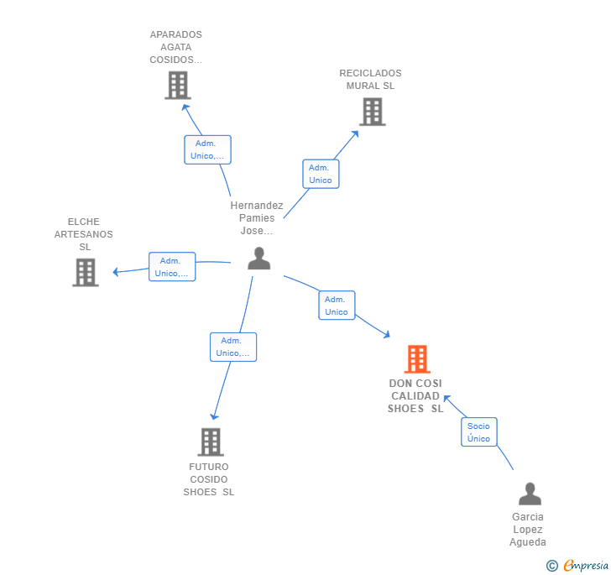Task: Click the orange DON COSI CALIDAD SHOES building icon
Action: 417,359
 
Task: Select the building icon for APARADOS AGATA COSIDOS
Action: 178,86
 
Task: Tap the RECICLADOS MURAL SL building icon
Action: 372,112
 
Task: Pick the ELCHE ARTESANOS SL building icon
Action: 86,273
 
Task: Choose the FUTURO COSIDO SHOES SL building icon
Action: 211,442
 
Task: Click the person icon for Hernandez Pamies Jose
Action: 259,259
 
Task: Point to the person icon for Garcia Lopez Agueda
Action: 530,494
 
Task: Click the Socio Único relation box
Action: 479,432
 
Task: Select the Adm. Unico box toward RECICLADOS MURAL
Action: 321,174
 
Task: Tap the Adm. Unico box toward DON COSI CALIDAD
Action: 337,306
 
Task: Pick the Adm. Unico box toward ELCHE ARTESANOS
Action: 172,267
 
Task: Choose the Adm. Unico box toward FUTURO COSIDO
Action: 232,347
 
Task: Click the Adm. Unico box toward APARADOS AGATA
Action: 207,149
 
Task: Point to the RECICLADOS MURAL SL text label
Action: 370,79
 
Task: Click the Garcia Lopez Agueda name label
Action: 527,530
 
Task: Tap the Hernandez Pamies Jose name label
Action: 257,217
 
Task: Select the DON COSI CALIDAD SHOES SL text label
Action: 415,396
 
